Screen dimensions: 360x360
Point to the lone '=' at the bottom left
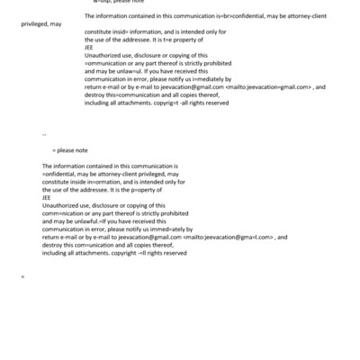pyautogui.click(x=22, y=275)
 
